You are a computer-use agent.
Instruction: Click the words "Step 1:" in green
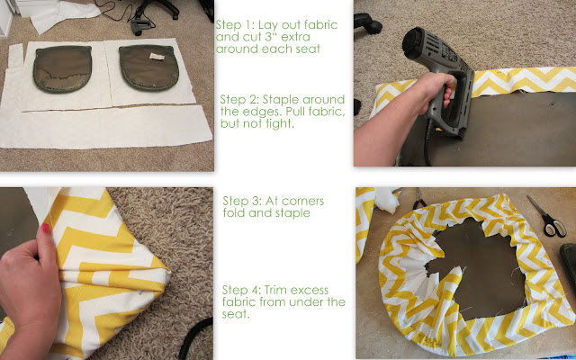235,25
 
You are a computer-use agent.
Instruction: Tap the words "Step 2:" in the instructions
239,100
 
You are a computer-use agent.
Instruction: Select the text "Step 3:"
242,201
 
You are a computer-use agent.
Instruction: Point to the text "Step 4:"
241,290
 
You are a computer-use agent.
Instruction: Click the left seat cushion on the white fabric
62,68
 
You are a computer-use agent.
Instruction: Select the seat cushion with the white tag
148,68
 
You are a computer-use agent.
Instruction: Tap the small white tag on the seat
157,56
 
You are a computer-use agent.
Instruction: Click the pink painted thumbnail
45,229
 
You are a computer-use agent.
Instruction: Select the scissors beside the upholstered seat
546,216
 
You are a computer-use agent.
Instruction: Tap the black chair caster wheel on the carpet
368,22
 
